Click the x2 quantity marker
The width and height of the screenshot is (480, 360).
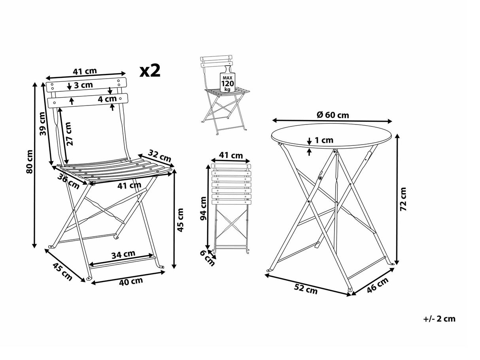150,71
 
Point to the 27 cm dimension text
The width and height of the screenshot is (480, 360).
69,134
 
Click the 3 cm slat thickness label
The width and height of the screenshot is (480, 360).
83,85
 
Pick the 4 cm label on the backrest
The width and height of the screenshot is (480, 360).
107,99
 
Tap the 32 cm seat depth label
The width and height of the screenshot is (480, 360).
160,156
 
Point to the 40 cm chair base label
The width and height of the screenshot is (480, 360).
131,281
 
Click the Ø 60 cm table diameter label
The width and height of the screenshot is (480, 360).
333,115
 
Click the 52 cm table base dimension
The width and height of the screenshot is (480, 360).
306,289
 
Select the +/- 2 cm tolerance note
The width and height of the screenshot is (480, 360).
439,319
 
